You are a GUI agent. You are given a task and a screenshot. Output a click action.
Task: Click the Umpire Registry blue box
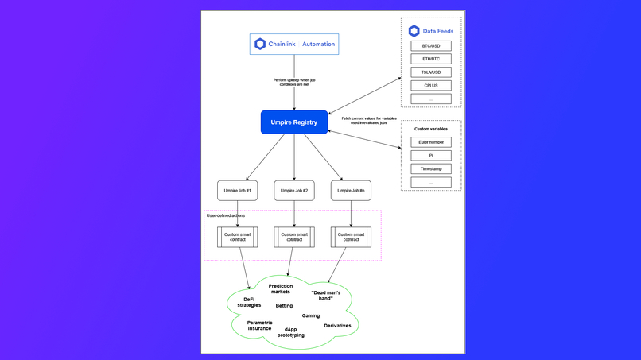coord(294,122)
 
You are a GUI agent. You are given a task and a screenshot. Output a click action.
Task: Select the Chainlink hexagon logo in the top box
coord(260,45)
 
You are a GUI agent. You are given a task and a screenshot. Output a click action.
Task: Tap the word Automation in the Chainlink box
coord(318,45)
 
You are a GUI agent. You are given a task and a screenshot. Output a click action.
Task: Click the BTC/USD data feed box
coord(431,46)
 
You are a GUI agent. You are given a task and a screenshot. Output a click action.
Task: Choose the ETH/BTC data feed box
coord(431,59)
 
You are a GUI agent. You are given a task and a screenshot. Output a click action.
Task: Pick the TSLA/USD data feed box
coord(431,72)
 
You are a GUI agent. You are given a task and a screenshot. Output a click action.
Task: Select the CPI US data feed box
coord(431,85)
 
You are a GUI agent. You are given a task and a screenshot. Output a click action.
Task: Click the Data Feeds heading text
coord(437,31)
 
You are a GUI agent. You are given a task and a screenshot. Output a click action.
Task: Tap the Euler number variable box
coord(431,142)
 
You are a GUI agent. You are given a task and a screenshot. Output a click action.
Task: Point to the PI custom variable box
coord(431,156)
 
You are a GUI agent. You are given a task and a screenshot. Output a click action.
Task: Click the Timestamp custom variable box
coord(431,168)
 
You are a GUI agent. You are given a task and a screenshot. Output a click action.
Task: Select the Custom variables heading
coord(431,129)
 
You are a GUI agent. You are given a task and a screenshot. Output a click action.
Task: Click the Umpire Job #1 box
coord(238,191)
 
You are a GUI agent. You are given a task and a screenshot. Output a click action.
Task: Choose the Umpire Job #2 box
coord(294,191)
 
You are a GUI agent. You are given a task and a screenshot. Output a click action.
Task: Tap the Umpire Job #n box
coord(351,191)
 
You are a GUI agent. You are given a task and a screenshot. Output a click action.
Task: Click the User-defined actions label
coord(226,215)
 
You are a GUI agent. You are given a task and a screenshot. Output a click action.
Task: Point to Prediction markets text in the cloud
coord(280,288)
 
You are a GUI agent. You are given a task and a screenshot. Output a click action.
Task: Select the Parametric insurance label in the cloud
coord(259,326)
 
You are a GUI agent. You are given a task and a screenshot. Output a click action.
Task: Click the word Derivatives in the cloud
coord(337,326)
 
